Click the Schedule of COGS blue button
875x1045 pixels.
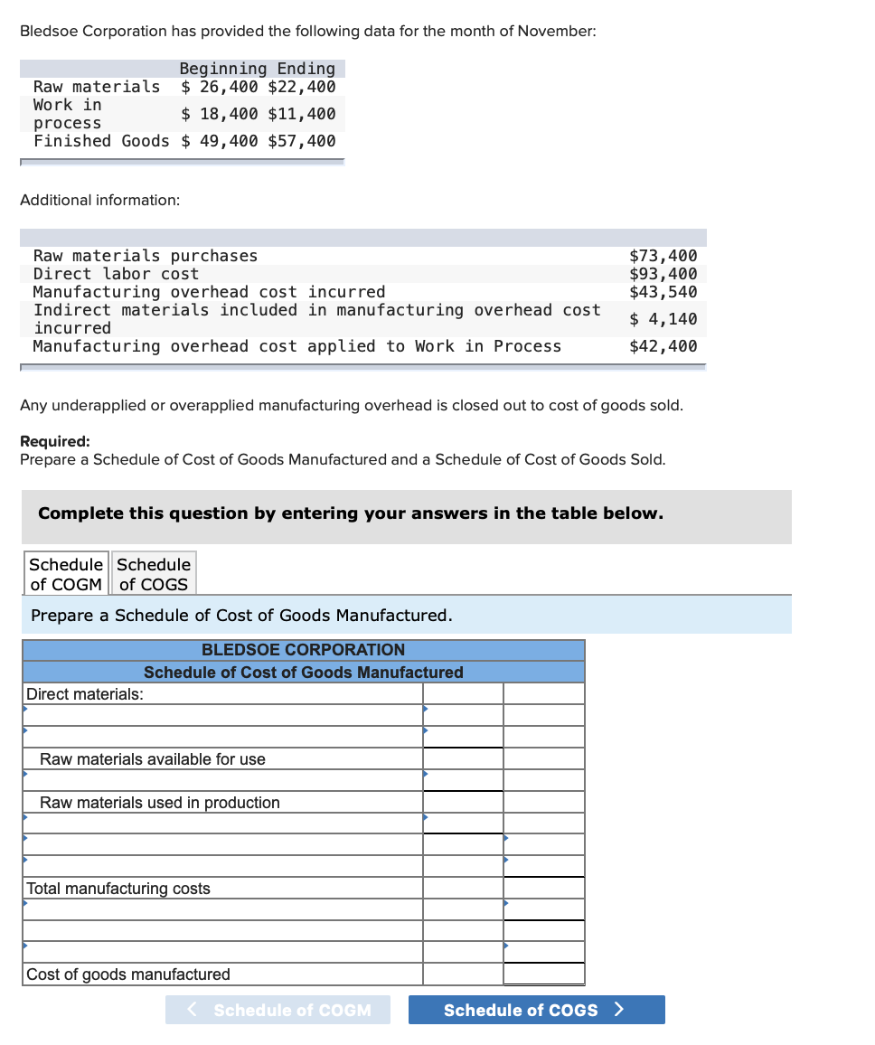click(536, 1010)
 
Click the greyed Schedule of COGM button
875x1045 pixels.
click(278, 1010)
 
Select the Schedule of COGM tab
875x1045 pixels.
click(66, 574)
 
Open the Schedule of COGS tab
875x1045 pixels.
click(154, 574)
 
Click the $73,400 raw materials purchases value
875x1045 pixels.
click(663, 256)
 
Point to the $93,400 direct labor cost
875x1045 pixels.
click(663, 274)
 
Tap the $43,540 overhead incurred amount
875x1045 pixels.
click(663, 292)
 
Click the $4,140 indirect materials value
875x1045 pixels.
click(663, 319)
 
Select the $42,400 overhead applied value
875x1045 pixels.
click(663, 346)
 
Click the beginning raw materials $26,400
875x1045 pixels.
click(219, 87)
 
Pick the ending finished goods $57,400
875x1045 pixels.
click(302, 141)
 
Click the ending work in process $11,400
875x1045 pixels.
click(302, 114)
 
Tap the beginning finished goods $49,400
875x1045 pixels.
click(219, 141)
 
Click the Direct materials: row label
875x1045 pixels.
click(85, 694)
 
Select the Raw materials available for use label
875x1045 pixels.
click(153, 759)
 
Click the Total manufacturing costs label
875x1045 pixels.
click(118, 889)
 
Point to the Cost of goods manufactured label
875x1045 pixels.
click(128, 974)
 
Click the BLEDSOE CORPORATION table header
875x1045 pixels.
click(303, 650)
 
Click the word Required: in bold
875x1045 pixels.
click(55, 441)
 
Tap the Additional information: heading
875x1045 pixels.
click(99, 200)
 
